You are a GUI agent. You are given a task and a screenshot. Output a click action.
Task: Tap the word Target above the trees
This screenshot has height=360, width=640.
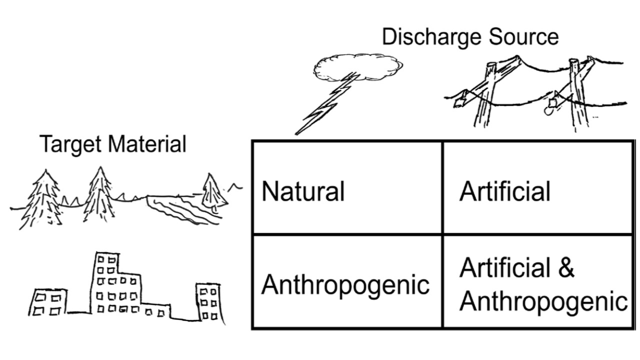coord(69,144)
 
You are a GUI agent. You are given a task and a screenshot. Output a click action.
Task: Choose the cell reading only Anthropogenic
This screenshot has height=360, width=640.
coord(346,282)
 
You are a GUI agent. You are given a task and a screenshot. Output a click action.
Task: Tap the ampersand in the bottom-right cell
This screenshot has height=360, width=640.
coord(565,268)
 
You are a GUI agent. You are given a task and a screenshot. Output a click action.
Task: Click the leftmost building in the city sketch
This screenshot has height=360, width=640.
coord(47,302)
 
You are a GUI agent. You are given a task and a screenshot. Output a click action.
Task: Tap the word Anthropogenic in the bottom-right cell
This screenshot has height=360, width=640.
coord(543,301)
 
